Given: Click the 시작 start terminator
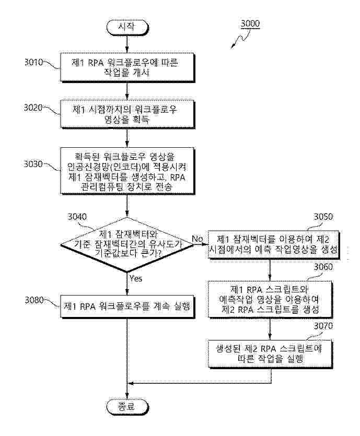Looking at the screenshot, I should [127, 26].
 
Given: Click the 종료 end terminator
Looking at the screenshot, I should [127, 406].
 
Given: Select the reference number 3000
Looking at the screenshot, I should [250, 24].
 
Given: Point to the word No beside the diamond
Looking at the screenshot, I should [197, 239].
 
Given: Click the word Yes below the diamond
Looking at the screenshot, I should [135, 278].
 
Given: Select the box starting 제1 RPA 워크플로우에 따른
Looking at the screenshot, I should [127, 67].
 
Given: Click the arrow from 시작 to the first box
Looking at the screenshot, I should [127, 44].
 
